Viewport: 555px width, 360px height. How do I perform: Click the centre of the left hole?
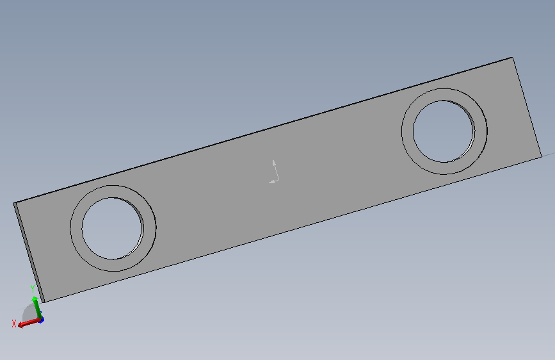[112, 228]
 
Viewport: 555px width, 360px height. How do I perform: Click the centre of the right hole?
[444, 131]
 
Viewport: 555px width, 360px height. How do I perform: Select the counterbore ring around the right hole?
[407, 131]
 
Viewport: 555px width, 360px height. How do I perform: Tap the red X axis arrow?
[29, 322]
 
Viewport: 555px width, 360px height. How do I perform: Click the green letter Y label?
[33, 289]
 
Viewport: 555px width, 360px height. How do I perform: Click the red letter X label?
[14, 324]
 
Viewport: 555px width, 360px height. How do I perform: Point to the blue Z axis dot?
[42, 320]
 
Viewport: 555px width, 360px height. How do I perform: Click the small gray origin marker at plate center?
[275, 172]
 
